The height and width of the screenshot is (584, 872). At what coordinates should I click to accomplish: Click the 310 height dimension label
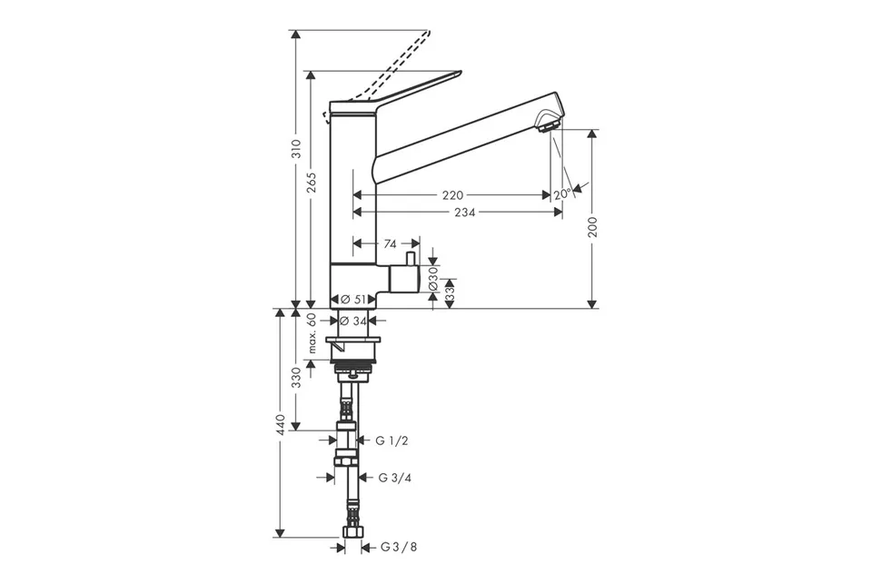click(x=296, y=149)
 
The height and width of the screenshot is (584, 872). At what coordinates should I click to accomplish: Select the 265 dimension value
click(x=312, y=183)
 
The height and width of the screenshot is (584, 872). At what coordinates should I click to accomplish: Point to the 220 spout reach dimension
click(x=452, y=195)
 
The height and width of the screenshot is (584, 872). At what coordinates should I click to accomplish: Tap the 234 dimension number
click(x=465, y=212)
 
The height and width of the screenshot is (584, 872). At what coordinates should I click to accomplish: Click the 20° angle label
click(x=562, y=194)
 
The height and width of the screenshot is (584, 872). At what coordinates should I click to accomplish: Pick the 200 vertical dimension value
click(x=593, y=227)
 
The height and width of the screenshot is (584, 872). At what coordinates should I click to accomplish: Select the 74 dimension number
click(x=391, y=243)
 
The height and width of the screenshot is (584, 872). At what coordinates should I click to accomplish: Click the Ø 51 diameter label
click(x=353, y=299)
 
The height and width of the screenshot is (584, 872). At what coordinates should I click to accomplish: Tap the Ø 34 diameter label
click(x=352, y=321)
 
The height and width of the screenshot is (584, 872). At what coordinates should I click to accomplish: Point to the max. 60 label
click(x=312, y=332)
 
